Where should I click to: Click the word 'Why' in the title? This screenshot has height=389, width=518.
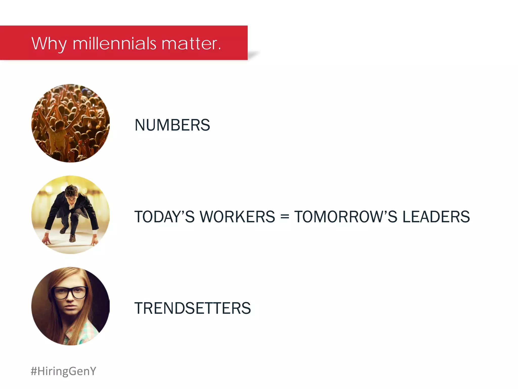click(x=49, y=44)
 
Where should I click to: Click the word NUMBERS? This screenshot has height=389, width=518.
click(x=172, y=125)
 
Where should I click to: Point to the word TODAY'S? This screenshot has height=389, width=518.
click(x=164, y=217)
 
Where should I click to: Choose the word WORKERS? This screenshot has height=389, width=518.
click(x=237, y=217)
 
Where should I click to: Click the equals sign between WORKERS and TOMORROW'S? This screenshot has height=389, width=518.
click(x=285, y=217)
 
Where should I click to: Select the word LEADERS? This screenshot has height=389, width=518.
click(x=436, y=217)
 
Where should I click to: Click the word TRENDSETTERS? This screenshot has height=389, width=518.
click(x=192, y=308)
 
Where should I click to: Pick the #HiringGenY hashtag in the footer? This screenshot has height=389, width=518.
click(x=63, y=371)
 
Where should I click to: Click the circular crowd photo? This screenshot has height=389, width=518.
click(x=71, y=123)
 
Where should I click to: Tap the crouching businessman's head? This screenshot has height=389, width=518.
click(x=71, y=194)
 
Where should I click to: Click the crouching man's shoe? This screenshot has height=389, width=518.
click(x=73, y=238)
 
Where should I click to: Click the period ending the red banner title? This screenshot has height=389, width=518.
click(x=220, y=49)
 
